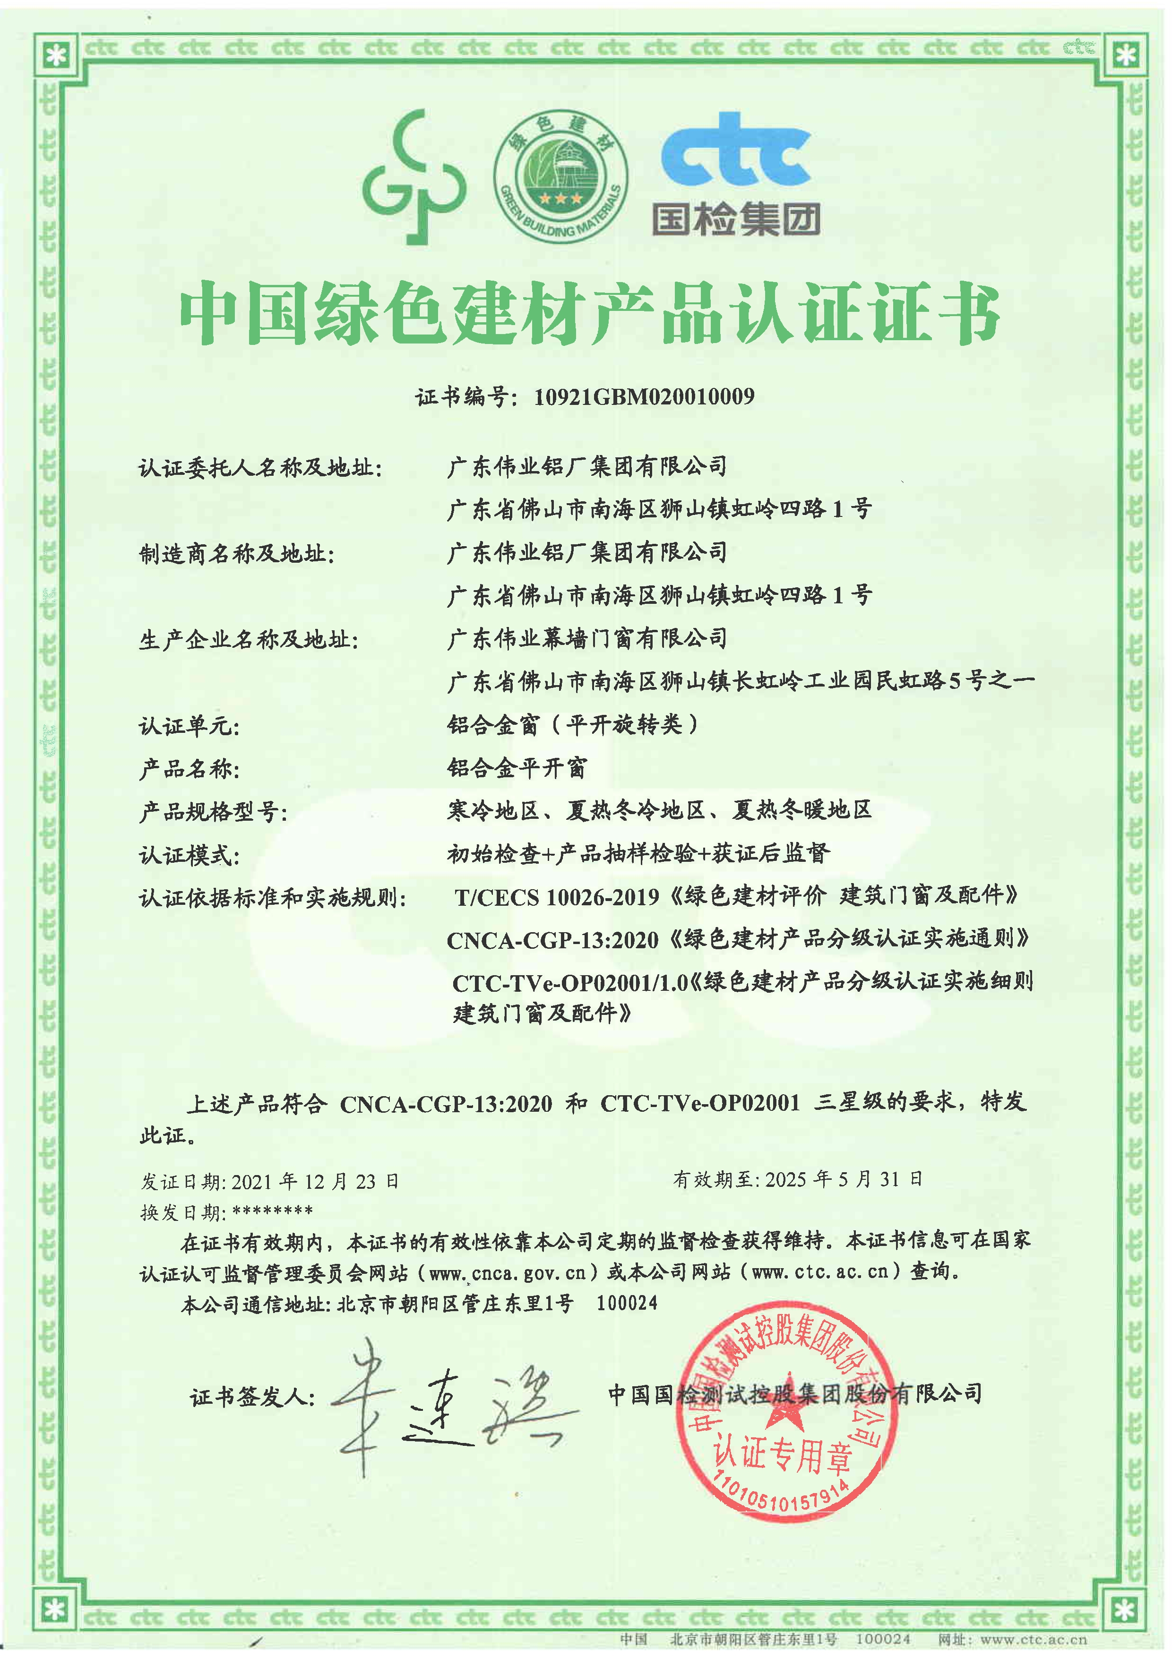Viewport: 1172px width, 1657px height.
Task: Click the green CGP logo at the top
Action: (413, 178)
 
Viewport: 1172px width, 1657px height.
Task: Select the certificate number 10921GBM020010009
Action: (644, 396)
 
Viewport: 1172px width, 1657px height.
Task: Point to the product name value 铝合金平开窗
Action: (517, 768)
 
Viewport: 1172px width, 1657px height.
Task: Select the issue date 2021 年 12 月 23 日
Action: (315, 1181)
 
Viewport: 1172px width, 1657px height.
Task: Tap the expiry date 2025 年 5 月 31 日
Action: (844, 1179)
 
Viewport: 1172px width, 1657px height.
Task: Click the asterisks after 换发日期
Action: (273, 1211)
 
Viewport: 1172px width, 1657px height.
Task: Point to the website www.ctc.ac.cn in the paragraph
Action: (820, 1271)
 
